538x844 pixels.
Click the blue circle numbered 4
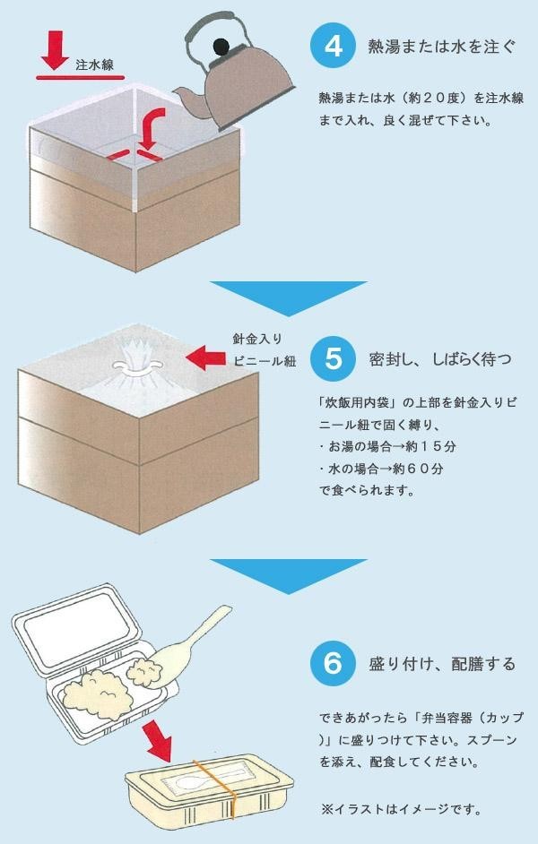coord(333,46)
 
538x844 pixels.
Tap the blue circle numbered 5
coord(333,358)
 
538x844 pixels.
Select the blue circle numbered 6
coord(333,663)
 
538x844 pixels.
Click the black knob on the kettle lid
coord(221,47)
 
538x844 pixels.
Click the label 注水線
coord(95,65)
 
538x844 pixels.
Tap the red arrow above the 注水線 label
coord(55,50)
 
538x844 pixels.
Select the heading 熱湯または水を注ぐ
coord(441,47)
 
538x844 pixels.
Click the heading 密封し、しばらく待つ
coord(440,359)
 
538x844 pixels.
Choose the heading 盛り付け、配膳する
coord(441,664)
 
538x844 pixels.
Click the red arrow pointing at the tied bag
coord(205,358)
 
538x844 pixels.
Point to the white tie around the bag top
coord(136,366)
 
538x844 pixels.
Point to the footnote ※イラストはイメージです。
coord(401,809)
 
